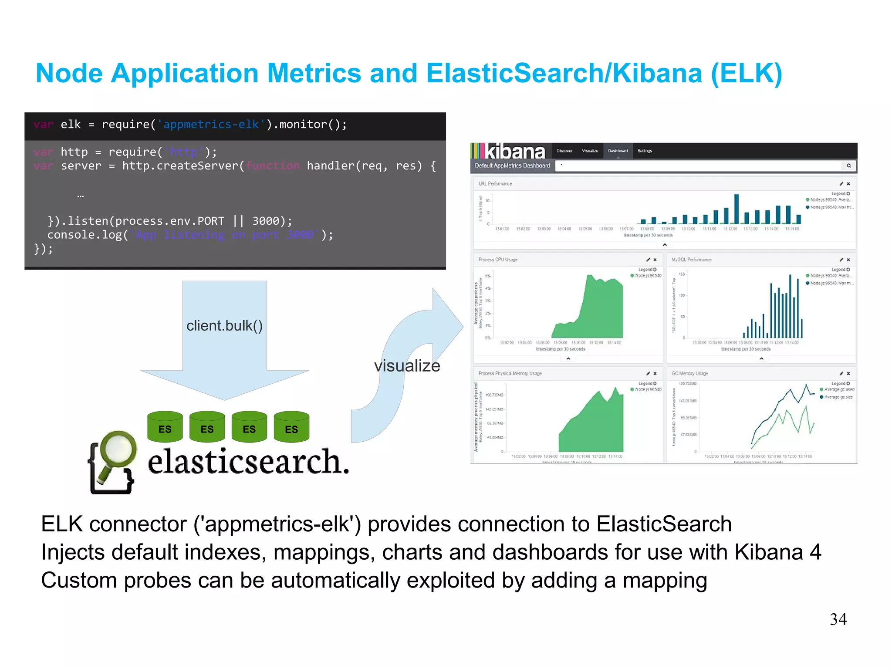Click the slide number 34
pyautogui.click(x=838, y=619)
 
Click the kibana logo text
pyautogui.click(x=515, y=152)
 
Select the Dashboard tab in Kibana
pyautogui.click(x=618, y=151)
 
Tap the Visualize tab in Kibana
pyautogui.click(x=590, y=151)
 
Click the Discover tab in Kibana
pyautogui.click(x=564, y=151)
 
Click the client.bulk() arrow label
pyautogui.click(x=224, y=326)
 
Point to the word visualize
pyautogui.click(x=407, y=366)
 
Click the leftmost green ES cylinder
pyautogui.click(x=165, y=427)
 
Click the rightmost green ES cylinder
pyautogui.click(x=291, y=427)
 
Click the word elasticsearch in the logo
pyautogui.click(x=248, y=462)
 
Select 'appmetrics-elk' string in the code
pyautogui.click(x=211, y=125)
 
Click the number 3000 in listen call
pyautogui.click(x=266, y=221)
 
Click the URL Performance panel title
pyautogui.click(x=495, y=184)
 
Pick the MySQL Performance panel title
pyautogui.click(x=691, y=260)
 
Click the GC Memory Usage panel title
pyautogui.click(x=689, y=374)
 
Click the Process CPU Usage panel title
pyautogui.click(x=498, y=260)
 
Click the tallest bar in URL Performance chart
pyautogui.click(x=737, y=209)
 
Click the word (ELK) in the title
pyautogui.click(x=746, y=73)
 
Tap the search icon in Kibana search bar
pyautogui.click(x=849, y=166)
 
